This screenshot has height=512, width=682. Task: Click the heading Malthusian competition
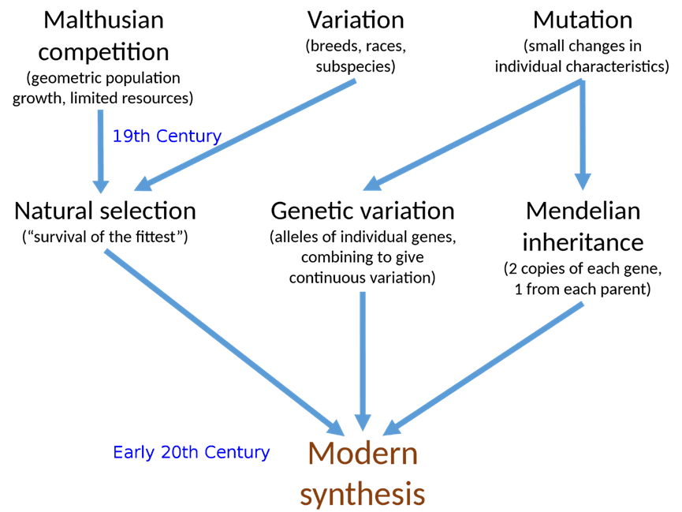click(x=104, y=36)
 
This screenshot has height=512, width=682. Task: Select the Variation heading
click(x=355, y=20)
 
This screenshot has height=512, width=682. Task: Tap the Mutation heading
click(x=583, y=20)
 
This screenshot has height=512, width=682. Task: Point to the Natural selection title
click(x=105, y=211)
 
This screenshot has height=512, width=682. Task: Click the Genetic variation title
click(x=362, y=211)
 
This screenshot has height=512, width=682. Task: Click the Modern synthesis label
click(x=362, y=473)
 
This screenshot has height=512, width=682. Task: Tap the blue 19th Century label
click(x=166, y=136)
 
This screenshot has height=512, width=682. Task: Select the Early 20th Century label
click(x=191, y=452)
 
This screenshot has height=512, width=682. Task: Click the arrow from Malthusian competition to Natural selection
click(x=101, y=150)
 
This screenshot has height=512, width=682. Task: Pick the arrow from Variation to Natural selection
click(x=244, y=134)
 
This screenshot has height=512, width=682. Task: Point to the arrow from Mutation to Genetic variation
click(x=473, y=134)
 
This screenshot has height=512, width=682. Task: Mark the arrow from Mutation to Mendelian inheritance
click(x=583, y=134)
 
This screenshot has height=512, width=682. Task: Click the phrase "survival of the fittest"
click(x=104, y=237)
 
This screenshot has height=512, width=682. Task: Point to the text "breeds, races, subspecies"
click(x=355, y=55)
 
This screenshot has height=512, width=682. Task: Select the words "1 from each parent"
click(x=583, y=290)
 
